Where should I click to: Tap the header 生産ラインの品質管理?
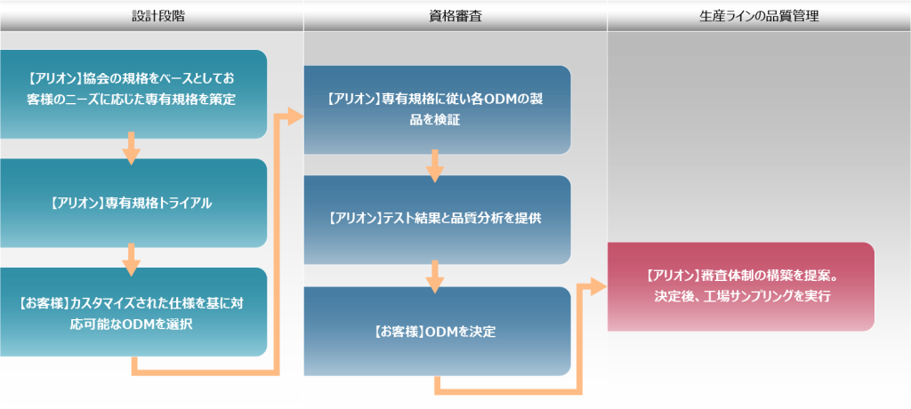coord(759,16)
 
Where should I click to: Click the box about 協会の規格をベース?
coord(133,94)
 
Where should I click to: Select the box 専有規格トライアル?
coord(133,204)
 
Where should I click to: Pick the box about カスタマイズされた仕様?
coord(133,312)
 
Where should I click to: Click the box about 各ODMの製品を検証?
coord(437,109)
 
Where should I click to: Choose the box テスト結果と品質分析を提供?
coord(437,220)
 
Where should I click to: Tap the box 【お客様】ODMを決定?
coord(437,331)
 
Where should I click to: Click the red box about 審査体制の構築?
coord(741,286)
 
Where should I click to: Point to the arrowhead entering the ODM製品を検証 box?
coord(296,117)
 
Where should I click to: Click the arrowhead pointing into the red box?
coord(599,286)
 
